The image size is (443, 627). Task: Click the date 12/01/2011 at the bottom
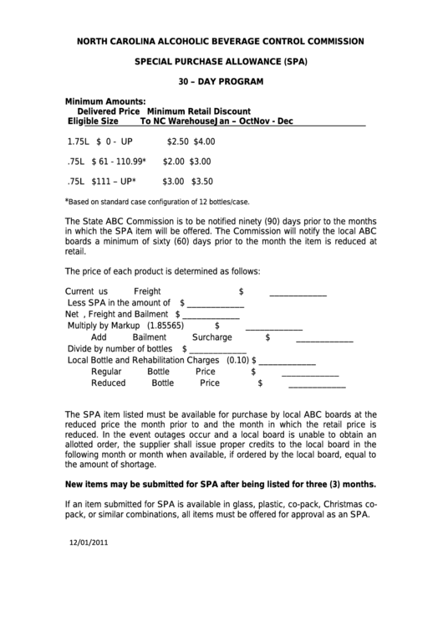[x=89, y=542]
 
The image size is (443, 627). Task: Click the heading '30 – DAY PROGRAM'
[x=221, y=81]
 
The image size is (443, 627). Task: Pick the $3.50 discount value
[x=201, y=181]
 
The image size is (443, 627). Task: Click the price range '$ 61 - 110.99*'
[x=119, y=162]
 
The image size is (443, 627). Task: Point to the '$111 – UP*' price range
[x=114, y=181]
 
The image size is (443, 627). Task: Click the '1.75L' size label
[x=79, y=142]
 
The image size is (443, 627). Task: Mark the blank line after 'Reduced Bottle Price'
[x=317, y=385]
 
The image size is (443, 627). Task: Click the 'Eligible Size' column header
[x=93, y=121]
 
